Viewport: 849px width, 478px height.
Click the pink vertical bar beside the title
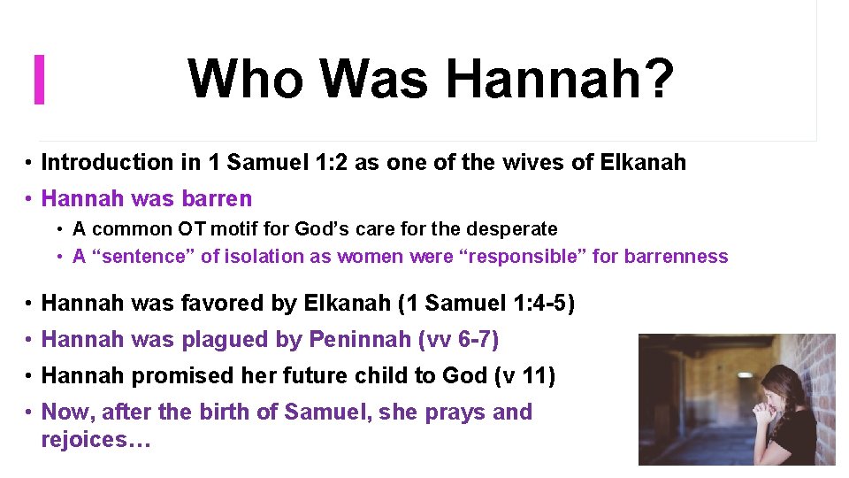coord(39,79)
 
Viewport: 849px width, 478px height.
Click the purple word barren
coord(216,198)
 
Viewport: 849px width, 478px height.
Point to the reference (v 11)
coord(521,376)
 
